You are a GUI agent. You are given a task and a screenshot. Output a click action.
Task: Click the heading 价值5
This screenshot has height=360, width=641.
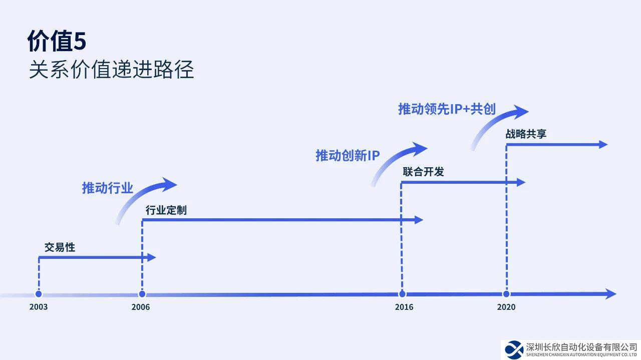click(57, 42)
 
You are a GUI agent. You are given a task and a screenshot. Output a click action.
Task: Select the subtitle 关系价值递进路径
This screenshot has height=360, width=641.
click(111, 70)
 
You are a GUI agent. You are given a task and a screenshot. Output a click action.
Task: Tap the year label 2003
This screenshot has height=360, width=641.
click(39, 306)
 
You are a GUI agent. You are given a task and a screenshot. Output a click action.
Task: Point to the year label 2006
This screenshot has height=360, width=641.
click(141, 306)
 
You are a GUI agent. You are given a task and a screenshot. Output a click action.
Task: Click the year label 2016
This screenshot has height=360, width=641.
click(404, 306)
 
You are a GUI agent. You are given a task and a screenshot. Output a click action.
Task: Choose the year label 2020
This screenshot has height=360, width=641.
click(506, 306)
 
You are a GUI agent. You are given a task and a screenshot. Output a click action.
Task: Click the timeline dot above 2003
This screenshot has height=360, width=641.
click(39, 294)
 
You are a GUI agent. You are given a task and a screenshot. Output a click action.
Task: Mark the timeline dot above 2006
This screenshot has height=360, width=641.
click(142, 294)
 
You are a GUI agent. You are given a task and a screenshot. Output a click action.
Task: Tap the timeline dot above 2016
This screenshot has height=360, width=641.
click(402, 294)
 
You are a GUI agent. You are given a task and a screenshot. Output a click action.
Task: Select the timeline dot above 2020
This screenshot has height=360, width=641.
click(506, 294)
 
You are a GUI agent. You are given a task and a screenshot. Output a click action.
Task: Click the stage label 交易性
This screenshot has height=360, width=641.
click(60, 247)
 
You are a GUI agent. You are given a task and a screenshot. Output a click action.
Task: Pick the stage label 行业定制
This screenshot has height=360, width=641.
click(166, 210)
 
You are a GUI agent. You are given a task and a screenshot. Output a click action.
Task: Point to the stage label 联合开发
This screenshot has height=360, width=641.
click(423, 172)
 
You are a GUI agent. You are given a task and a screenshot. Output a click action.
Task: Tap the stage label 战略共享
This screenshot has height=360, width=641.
click(526, 134)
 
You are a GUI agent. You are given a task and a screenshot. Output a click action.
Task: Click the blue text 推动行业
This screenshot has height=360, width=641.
click(108, 188)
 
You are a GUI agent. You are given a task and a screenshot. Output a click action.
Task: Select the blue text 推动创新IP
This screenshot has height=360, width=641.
click(348, 155)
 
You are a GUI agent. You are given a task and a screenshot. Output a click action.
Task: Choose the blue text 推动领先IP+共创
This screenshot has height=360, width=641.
click(447, 109)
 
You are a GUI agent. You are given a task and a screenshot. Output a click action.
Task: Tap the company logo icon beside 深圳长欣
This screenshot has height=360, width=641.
click(513, 349)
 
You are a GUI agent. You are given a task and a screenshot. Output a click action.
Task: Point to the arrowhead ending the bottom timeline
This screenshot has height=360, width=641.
click(610, 294)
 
